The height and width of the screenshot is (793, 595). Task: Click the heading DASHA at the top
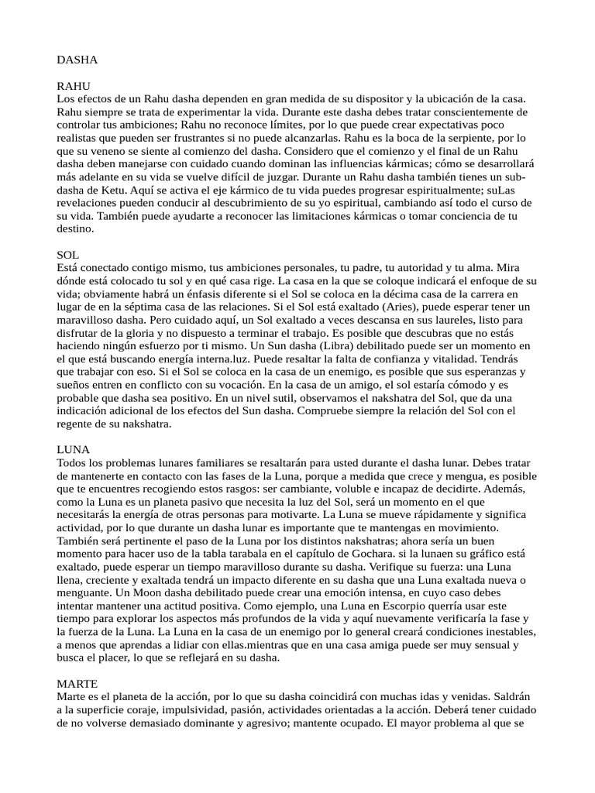click(x=77, y=59)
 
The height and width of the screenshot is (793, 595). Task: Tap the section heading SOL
click(x=68, y=254)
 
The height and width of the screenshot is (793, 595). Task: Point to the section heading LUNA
click(x=74, y=449)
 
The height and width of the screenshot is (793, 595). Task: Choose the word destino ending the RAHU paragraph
click(x=75, y=229)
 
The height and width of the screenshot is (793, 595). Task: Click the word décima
click(x=387, y=294)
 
